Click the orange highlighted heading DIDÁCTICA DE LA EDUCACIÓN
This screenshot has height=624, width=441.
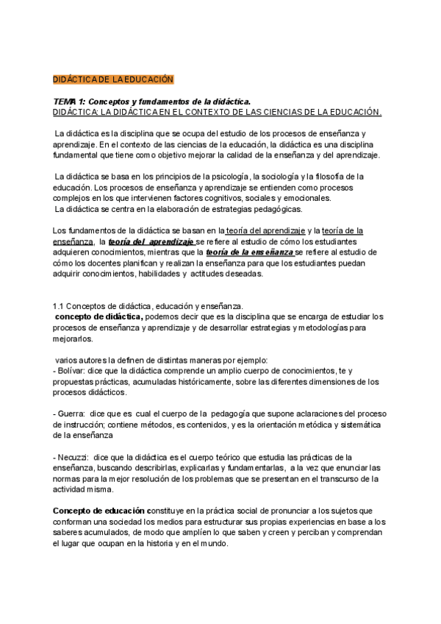(113, 79)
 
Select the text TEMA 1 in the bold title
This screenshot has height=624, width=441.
(68, 101)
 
